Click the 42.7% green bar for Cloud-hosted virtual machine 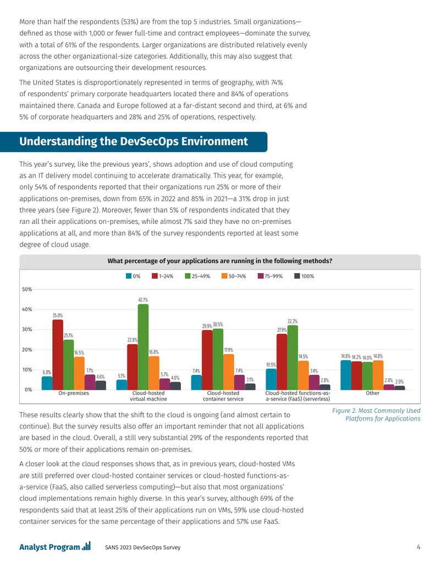(143, 347)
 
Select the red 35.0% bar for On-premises (58, 355)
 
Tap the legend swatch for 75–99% (260, 276)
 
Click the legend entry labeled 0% (133, 276)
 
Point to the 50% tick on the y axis (28, 290)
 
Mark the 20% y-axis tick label (28, 350)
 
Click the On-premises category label (74, 394)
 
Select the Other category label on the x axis (372, 394)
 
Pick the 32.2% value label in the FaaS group (293, 322)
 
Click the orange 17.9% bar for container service (229, 372)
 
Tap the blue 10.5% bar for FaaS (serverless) (271, 379)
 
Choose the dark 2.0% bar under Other (399, 388)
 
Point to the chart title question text (219, 261)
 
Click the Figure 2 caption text (376, 415)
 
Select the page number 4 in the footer (418, 547)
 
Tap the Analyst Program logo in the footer (55, 546)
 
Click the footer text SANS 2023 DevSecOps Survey (142, 547)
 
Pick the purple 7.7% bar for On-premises (90, 383)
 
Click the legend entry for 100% (304, 276)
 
